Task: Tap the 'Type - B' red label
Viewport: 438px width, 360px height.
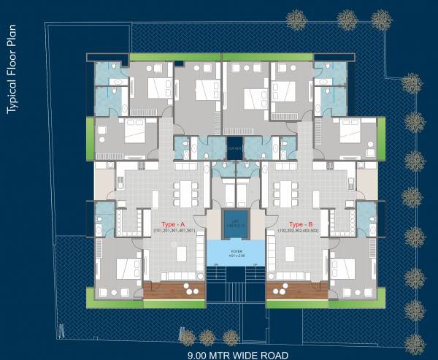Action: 301,223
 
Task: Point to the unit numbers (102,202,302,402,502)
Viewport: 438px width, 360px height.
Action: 301,231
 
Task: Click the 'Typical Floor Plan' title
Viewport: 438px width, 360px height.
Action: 12,69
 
